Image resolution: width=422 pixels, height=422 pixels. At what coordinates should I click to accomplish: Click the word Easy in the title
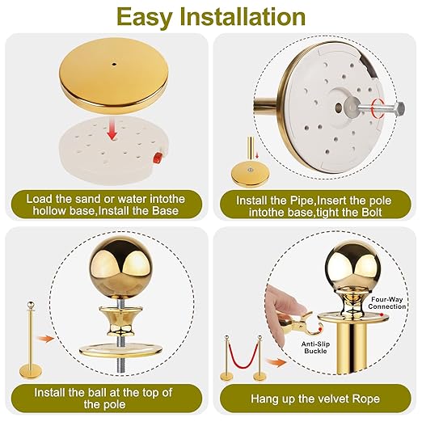[145, 17]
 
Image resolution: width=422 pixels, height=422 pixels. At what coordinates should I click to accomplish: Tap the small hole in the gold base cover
[114, 65]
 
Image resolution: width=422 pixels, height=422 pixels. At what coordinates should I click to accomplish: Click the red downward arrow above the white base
[112, 130]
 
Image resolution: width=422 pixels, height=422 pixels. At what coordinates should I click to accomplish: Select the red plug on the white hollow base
[157, 157]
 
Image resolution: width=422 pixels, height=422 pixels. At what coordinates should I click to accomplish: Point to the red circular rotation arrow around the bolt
[378, 108]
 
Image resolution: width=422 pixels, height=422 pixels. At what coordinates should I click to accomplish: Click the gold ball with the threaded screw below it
[119, 264]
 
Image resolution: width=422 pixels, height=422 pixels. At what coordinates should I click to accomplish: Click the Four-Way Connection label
[387, 303]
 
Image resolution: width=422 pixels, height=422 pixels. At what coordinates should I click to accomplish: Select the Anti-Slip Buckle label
[315, 348]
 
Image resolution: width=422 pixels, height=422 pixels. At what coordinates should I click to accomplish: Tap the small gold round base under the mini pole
[250, 177]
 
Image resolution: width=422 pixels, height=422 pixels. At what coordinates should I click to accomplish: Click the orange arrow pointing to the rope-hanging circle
[275, 362]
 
